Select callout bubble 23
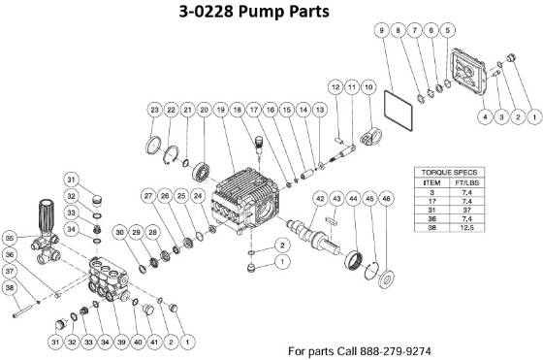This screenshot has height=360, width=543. point(154,111)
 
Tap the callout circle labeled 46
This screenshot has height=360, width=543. point(387,200)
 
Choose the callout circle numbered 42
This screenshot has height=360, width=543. point(319,199)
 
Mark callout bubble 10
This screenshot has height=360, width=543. point(368,88)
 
